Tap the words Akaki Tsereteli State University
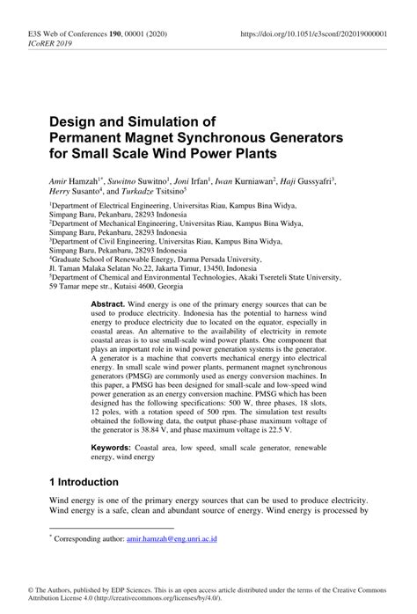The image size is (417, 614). coord(272,277)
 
